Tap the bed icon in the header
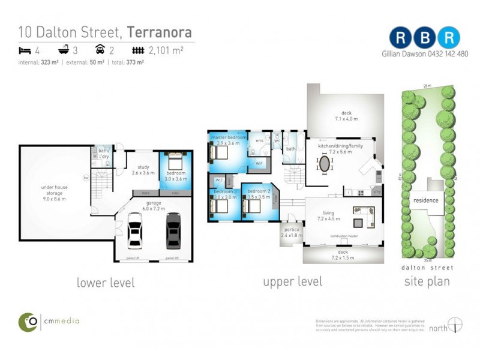[x=25, y=50]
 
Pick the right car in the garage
[x=173, y=230]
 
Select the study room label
[x=143, y=170]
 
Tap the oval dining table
[x=325, y=164]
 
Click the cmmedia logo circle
[x=28, y=322]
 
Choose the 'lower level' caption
[x=106, y=283]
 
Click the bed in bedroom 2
[x=250, y=207]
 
